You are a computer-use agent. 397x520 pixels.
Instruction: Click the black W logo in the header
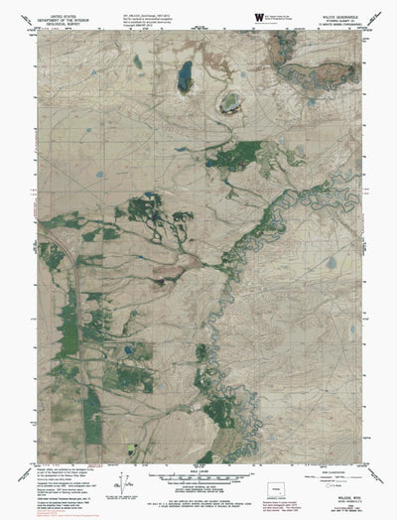click(x=260, y=17)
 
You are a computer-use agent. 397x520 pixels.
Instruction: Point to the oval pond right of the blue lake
click(x=231, y=101)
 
